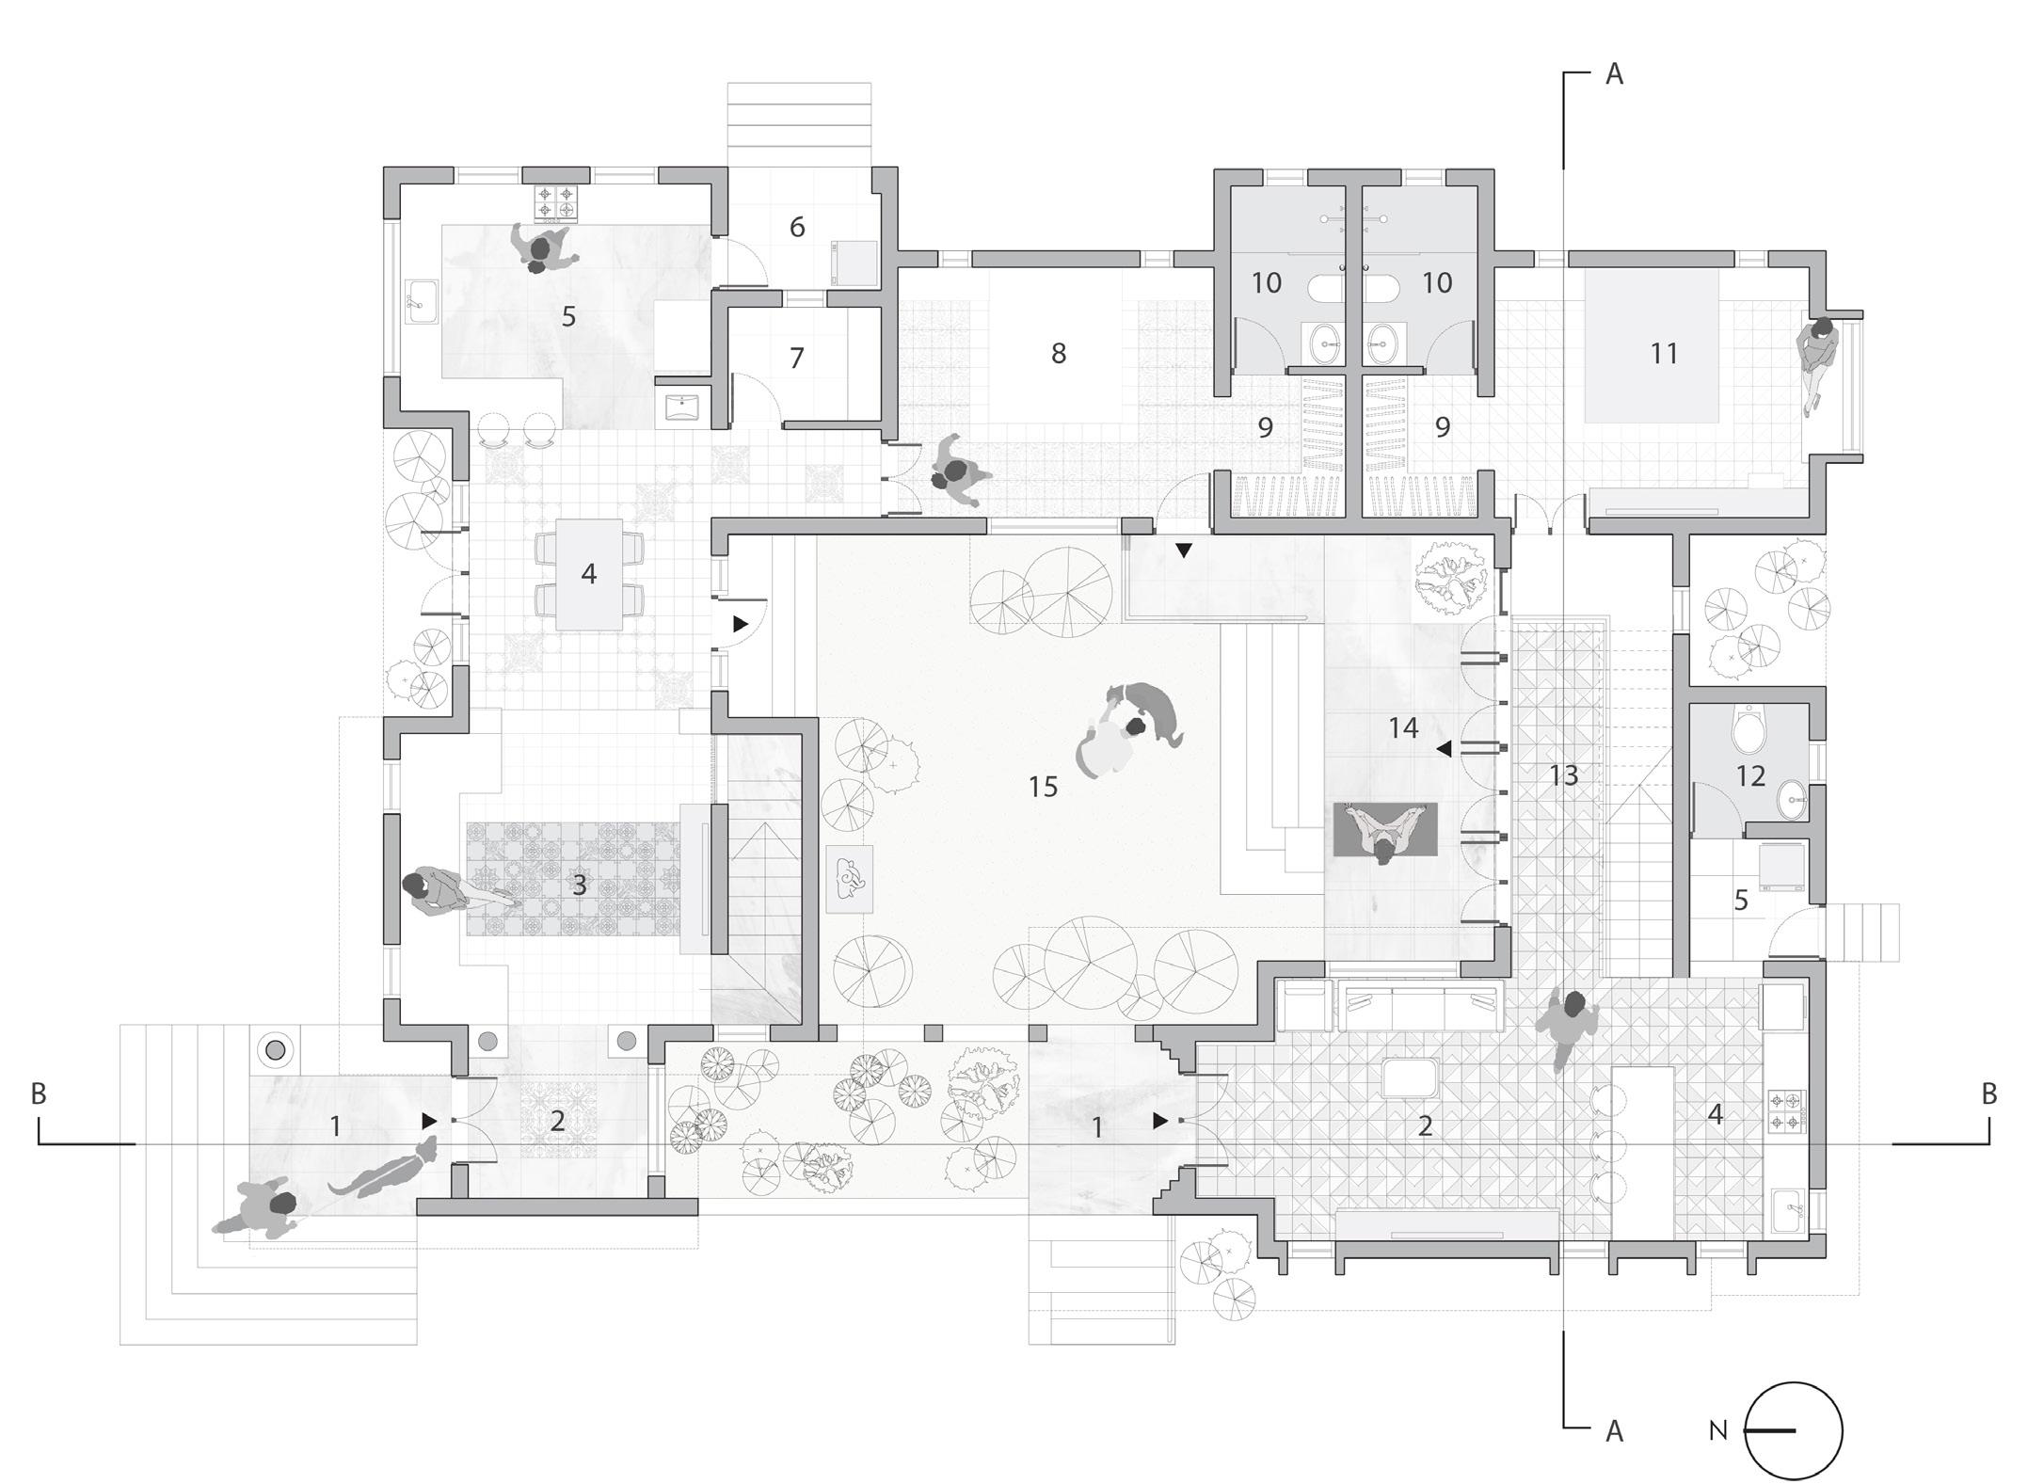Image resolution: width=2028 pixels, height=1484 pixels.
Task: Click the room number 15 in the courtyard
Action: pos(1043,787)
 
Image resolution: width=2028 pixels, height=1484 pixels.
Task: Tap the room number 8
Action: pos(1059,353)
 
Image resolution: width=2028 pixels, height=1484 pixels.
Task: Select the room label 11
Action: pos(1664,353)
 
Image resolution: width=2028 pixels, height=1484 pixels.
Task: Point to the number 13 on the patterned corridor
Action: pos(1563,775)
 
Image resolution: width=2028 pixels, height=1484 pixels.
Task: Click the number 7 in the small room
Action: pos(797,358)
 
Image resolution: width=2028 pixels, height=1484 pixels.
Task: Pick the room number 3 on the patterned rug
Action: pos(580,885)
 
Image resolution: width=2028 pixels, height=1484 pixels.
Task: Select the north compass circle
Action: pos(1794,1431)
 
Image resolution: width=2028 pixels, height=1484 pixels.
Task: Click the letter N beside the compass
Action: pos(1718,1431)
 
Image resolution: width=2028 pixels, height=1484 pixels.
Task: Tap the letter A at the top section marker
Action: pos(1614,74)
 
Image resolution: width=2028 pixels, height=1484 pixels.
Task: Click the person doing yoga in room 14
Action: pos(1384,832)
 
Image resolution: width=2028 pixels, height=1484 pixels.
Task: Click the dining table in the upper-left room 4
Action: pos(589,574)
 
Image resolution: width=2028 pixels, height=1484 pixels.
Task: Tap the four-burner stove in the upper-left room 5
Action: pos(554,202)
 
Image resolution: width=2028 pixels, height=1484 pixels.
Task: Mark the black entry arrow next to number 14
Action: pos(1443,749)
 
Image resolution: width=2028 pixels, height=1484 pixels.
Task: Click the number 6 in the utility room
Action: pos(797,227)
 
